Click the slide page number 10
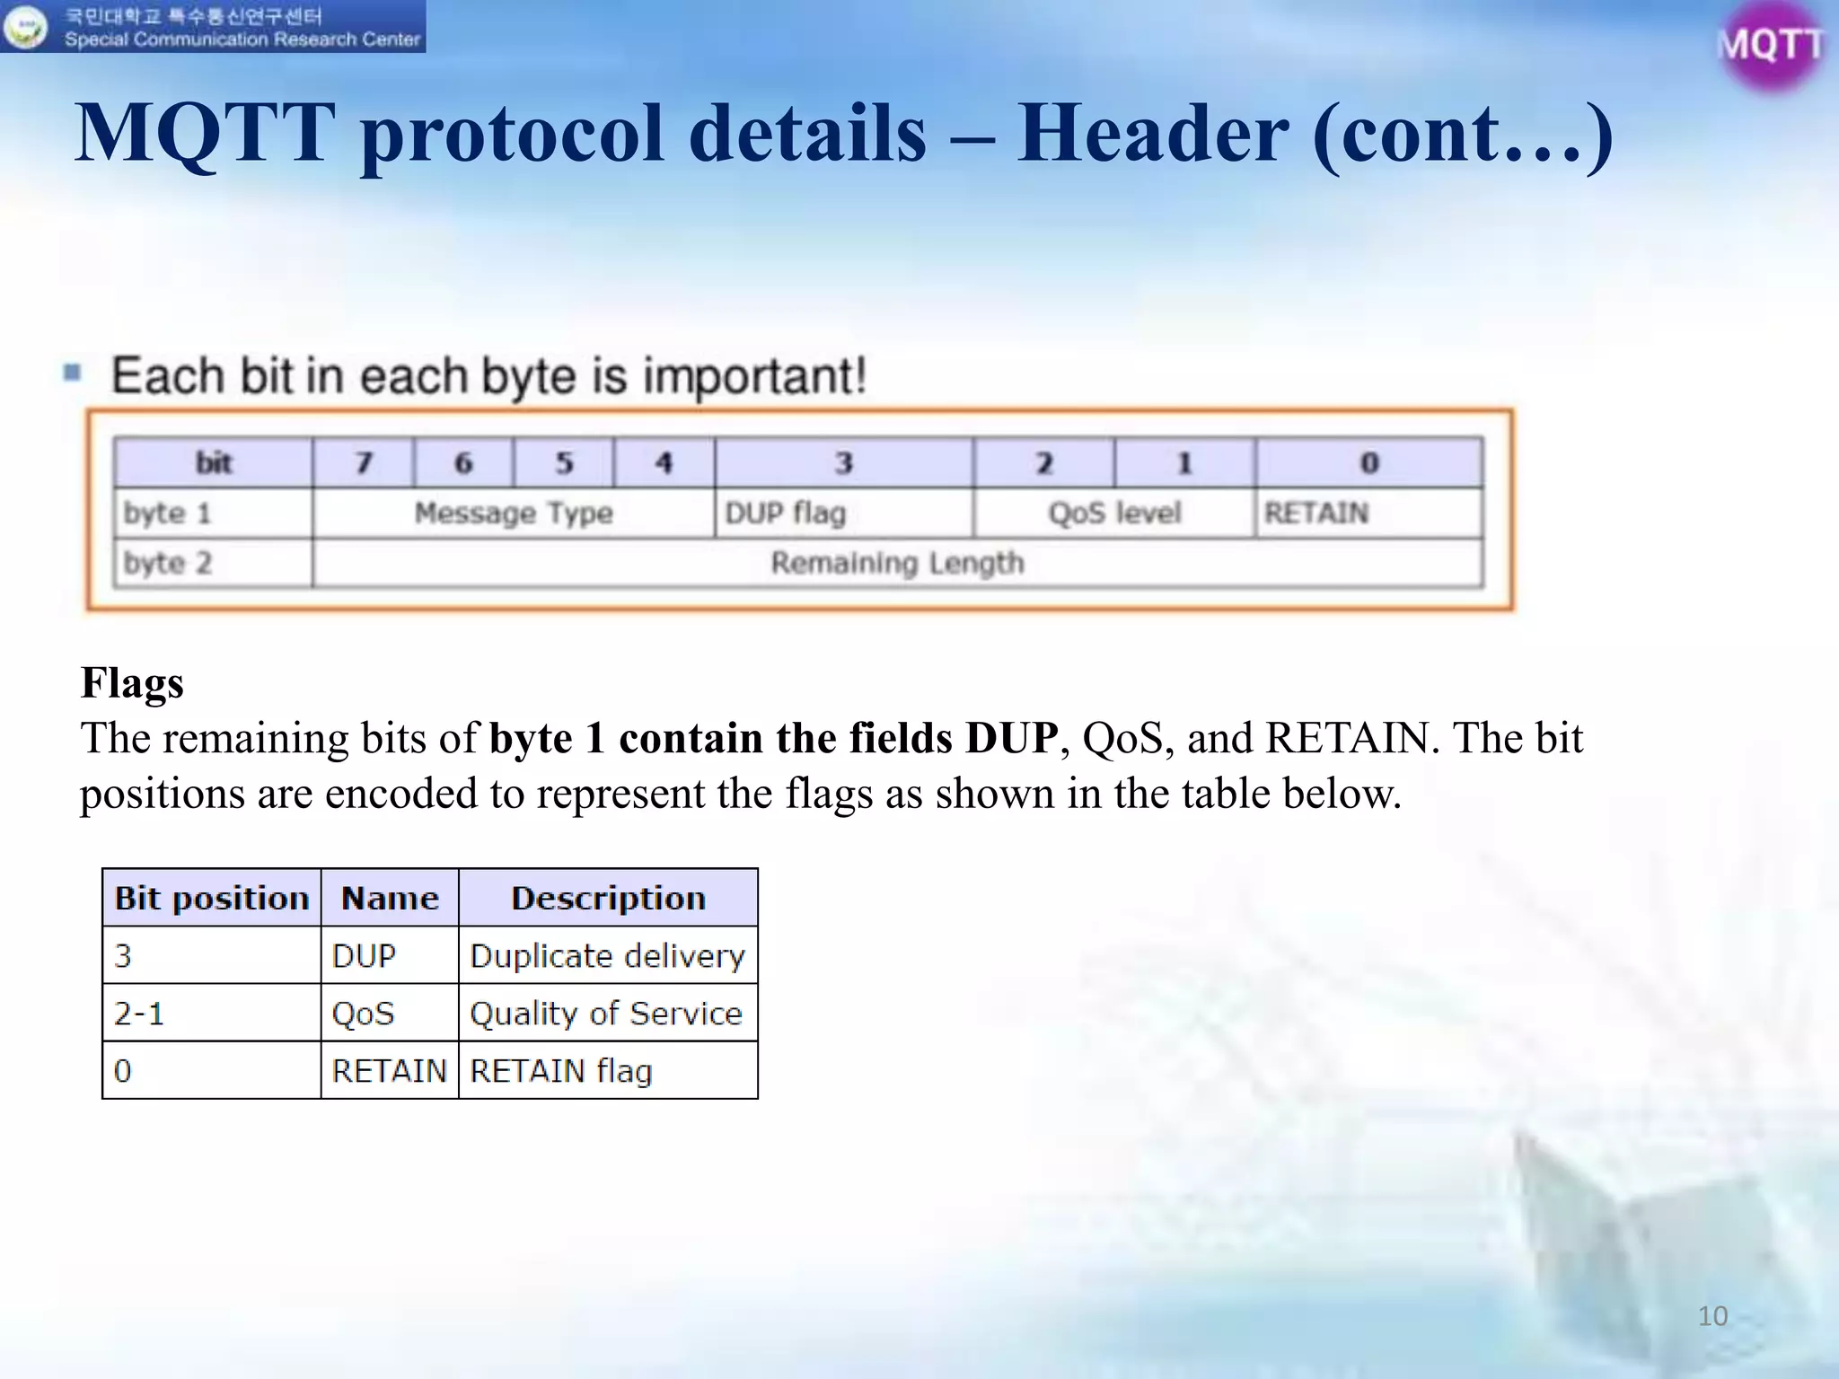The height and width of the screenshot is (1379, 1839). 1712,1315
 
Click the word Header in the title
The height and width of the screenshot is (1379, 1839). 1153,134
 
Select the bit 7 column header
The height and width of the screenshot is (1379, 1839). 364,462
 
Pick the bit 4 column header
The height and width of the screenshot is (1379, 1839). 664,462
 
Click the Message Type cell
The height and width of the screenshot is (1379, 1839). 513,513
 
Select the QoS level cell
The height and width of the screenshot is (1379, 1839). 1114,513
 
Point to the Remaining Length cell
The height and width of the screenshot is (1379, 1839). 897,563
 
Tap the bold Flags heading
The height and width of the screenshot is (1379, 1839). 132,682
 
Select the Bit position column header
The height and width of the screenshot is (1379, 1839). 212,898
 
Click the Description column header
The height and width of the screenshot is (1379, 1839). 608,898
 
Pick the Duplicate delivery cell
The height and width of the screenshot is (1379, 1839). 607,955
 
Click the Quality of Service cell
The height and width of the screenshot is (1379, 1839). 606,1013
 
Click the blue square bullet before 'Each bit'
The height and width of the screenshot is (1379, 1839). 73,373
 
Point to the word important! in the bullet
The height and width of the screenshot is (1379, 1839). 754,375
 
